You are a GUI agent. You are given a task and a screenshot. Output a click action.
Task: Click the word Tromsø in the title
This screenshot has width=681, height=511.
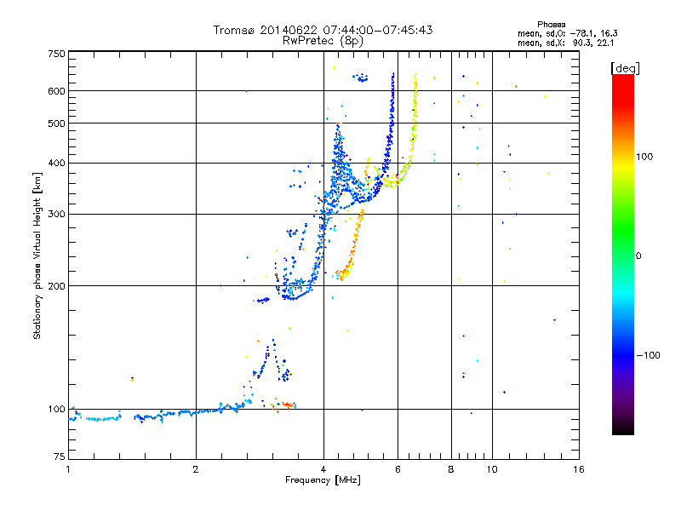[235, 30]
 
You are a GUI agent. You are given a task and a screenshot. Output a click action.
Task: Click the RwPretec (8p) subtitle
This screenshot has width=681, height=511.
[323, 41]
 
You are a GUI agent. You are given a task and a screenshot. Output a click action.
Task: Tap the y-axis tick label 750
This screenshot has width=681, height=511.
[57, 54]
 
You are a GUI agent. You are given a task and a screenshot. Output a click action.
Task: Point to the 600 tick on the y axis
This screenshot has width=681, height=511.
[57, 91]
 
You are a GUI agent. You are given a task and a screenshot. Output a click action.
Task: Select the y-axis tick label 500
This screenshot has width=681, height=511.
[57, 123]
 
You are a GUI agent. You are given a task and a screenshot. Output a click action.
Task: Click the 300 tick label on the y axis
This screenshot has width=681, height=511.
[57, 215]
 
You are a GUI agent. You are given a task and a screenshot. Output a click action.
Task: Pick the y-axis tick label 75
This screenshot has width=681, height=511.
[60, 456]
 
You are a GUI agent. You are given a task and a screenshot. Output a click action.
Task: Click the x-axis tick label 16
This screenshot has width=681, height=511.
[579, 469]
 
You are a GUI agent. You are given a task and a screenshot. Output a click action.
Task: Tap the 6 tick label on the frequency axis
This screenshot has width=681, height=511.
[398, 469]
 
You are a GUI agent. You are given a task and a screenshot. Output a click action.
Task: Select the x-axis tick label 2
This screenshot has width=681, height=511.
[196, 469]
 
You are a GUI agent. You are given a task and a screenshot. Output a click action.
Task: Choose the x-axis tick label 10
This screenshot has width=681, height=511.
[492, 469]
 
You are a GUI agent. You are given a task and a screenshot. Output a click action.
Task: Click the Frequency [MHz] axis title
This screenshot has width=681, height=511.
[323, 480]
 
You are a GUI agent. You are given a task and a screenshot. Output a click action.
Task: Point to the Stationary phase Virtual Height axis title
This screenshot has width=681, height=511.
[37, 256]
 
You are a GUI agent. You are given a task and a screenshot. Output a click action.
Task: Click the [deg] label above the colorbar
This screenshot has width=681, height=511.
[625, 68]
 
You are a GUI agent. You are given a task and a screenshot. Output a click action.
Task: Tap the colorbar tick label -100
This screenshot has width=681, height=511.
[649, 355]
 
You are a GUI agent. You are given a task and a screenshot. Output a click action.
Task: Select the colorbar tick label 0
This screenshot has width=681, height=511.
[638, 256]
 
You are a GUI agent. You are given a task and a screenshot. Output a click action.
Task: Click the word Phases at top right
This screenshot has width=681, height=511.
[551, 25]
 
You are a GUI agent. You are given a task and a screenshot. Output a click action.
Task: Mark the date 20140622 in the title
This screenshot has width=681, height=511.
[289, 30]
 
